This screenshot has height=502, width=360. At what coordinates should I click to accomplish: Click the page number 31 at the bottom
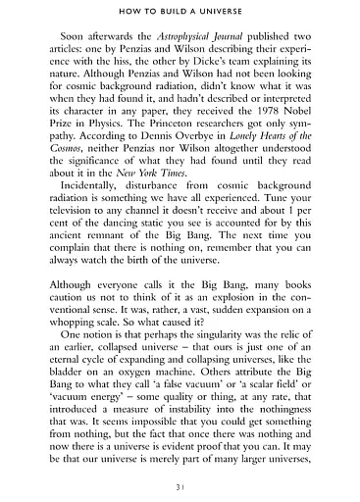pos(180,488)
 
